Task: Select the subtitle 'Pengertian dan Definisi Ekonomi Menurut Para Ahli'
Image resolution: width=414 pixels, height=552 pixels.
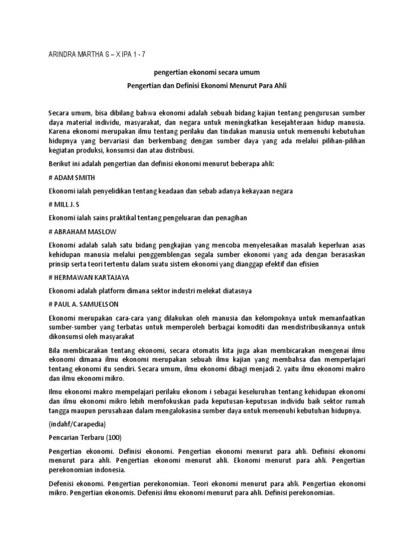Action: coord(206,86)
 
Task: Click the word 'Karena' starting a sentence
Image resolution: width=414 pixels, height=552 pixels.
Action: coord(59,132)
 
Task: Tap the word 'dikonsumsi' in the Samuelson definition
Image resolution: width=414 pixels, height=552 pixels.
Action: coord(67,336)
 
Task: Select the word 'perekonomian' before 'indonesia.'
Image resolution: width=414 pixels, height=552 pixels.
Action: coord(71,470)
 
